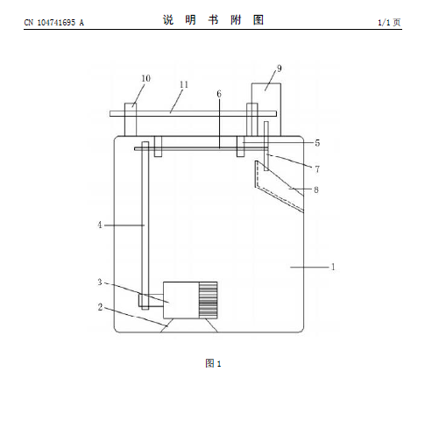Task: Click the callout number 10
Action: [x=145, y=78]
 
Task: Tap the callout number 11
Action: [x=184, y=84]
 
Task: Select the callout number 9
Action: [x=280, y=68]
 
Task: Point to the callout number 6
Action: [x=219, y=94]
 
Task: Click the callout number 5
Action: [x=317, y=143]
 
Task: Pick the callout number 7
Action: [x=317, y=169]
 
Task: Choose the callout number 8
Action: [x=316, y=189]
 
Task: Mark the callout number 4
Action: [x=100, y=225]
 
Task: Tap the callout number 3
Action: [x=100, y=282]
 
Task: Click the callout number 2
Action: [x=100, y=307]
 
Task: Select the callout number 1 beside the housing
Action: [x=333, y=267]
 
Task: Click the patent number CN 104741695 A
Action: [x=54, y=23]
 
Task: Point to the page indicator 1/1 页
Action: [x=389, y=23]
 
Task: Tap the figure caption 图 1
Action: [x=213, y=363]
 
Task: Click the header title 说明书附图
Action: [x=214, y=20]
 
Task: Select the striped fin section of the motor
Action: [x=208, y=300]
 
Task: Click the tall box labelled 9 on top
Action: [x=266, y=110]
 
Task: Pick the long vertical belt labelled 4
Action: [x=145, y=225]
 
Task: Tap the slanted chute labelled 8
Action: [x=280, y=186]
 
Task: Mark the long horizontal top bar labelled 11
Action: [x=193, y=113]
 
